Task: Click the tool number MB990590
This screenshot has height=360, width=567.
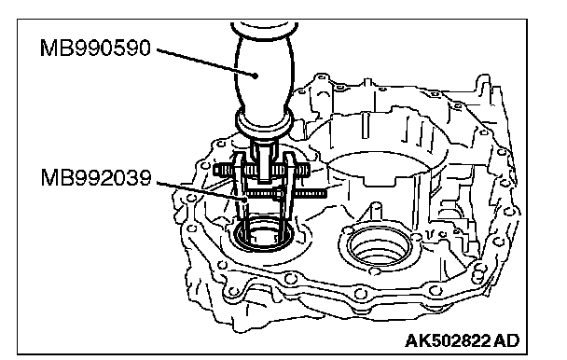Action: tap(95, 48)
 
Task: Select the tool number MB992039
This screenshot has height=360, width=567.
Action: tap(96, 177)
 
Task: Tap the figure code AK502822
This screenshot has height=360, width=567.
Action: tap(448, 340)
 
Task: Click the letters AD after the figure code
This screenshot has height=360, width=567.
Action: tap(506, 340)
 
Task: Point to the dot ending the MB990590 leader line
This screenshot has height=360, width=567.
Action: tap(256, 76)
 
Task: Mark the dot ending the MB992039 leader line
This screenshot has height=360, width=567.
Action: tap(246, 199)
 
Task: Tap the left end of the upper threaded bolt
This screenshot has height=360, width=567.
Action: tap(215, 170)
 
